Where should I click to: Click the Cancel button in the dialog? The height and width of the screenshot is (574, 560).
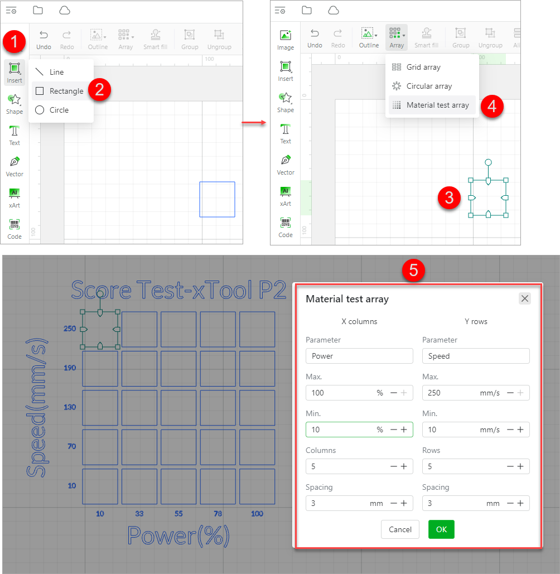click(x=400, y=529)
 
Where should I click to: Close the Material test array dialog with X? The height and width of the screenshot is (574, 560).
click(x=524, y=298)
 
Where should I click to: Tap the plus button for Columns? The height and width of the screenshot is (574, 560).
click(x=404, y=466)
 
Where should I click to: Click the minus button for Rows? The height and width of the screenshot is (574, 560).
click(x=510, y=466)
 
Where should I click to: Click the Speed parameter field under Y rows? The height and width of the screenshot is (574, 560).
click(x=475, y=356)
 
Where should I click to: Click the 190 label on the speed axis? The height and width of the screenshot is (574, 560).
click(x=70, y=368)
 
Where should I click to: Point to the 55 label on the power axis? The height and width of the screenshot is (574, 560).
click(x=178, y=513)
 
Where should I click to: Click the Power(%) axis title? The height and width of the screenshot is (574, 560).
click(x=178, y=536)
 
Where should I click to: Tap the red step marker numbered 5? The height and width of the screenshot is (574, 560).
click(x=414, y=270)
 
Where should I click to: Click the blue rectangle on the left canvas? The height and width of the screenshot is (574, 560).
click(x=217, y=199)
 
